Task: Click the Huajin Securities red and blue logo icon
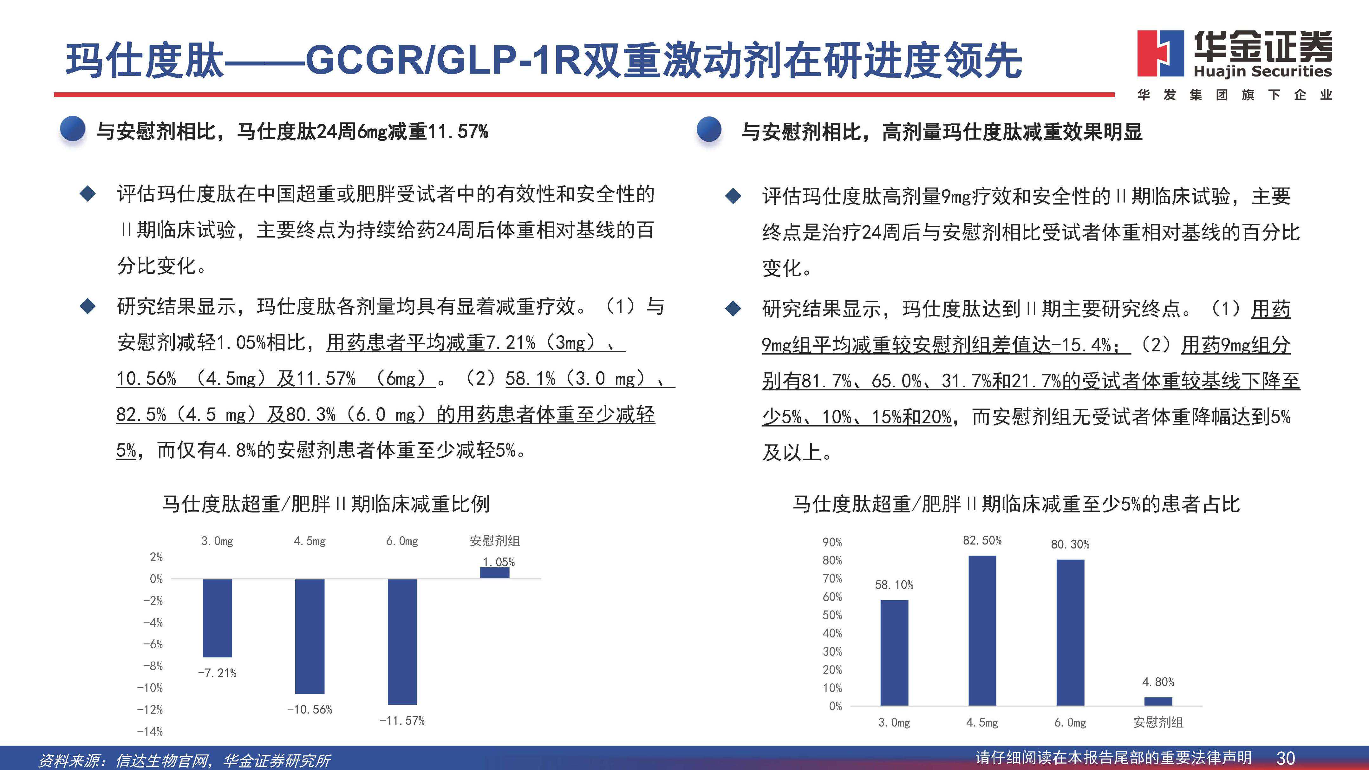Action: [1160, 53]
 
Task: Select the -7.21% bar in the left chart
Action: [217, 618]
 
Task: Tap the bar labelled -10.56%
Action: [310, 636]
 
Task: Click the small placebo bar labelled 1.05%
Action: [495, 573]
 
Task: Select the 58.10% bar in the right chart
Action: [894, 653]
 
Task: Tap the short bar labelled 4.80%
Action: [1158, 701]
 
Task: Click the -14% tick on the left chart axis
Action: [150, 731]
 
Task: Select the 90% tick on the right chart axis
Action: [832, 542]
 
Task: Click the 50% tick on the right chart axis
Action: [832, 615]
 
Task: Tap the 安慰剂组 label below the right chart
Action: [1158, 722]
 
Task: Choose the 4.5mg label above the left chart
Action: [310, 541]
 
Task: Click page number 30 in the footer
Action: [1286, 757]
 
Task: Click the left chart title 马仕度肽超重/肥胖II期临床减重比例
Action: [326, 504]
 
